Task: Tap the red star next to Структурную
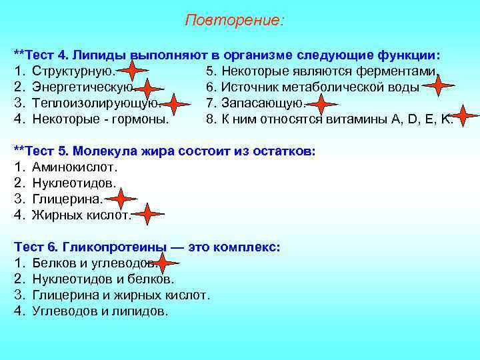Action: click(133, 71)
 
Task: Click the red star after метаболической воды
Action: click(438, 85)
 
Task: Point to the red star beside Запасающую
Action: click(321, 105)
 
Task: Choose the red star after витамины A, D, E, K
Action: click(465, 116)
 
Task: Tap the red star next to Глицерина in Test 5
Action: click(121, 199)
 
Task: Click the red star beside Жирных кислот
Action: click(148, 214)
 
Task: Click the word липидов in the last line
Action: click(145, 311)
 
